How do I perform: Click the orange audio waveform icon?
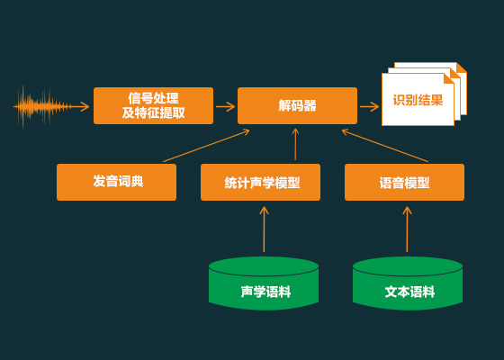click(41, 106)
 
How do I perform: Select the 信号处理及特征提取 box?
click(153, 105)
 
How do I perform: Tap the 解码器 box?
click(297, 105)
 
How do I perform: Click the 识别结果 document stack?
click(424, 94)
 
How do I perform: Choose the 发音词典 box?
click(116, 182)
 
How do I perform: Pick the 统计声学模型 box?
click(260, 182)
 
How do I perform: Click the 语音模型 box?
click(404, 182)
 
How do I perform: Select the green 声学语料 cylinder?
click(264, 283)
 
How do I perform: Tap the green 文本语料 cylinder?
click(408, 283)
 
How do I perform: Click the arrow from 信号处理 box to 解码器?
click(225, 106)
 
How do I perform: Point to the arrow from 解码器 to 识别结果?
click(369, 106)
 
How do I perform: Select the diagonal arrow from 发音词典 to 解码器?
click(206, 146)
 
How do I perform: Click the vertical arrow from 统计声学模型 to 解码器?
click(295, 144)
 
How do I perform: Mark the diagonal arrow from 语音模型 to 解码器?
click(385, 146)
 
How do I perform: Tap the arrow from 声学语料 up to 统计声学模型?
click(264, 229)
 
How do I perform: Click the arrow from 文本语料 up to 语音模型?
click(407, 229)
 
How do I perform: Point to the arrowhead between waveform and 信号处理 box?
click(85, 106)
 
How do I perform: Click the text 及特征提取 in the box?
click(153, 112)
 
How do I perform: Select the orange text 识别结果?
click(418, 100)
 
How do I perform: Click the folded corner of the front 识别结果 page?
click(449, 78)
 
